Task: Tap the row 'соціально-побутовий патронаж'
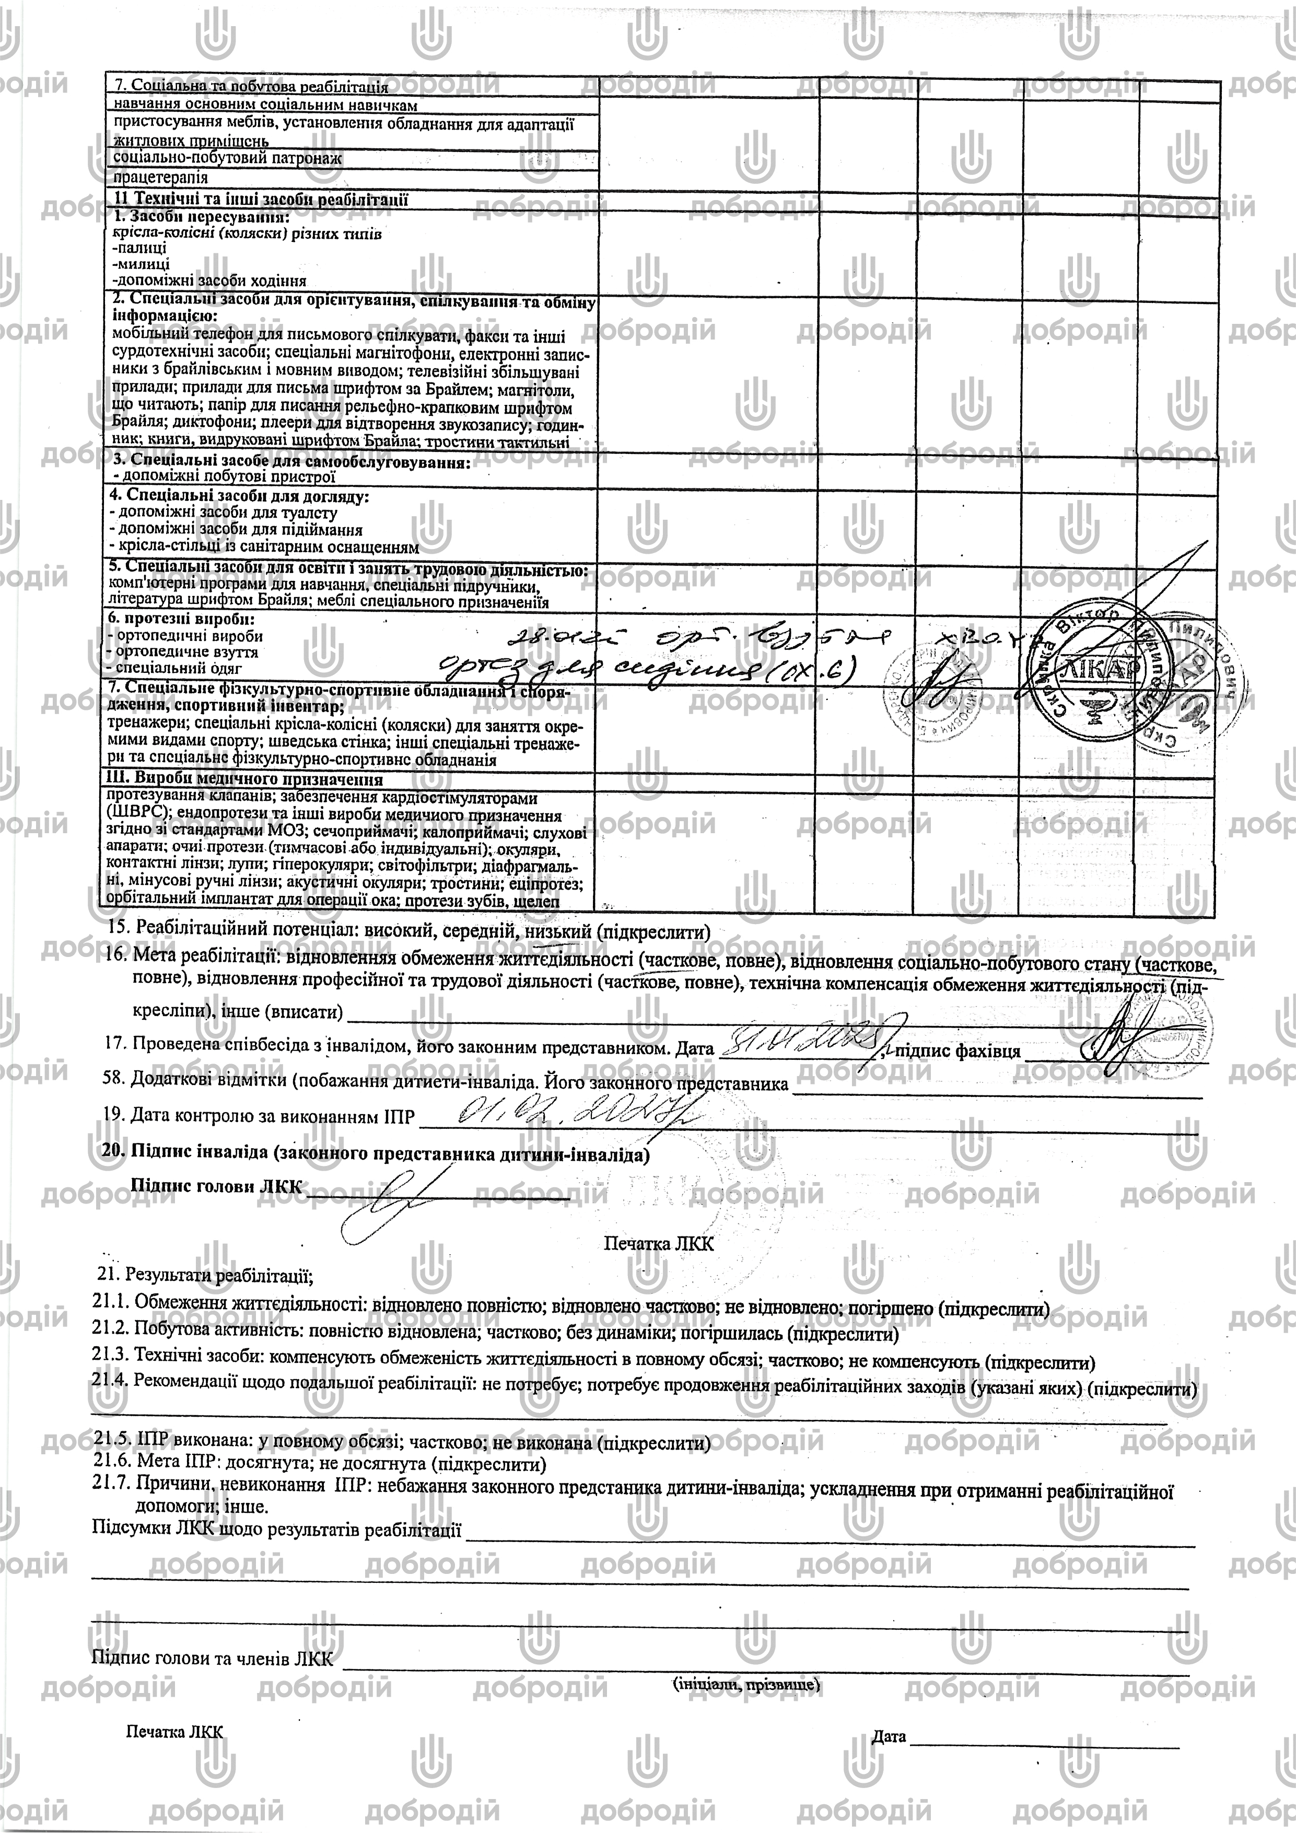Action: pos(228,158)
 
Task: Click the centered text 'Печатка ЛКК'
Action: pos(658,1243)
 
